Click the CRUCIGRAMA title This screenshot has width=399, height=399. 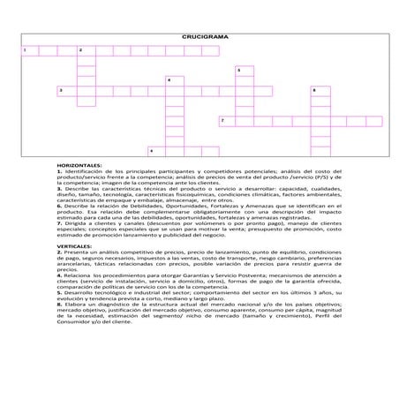pos(199,39)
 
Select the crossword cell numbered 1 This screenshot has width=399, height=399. pos(26,50)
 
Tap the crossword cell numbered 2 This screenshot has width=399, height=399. pos(83,50)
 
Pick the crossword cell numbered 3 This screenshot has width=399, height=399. pos(63,90)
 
